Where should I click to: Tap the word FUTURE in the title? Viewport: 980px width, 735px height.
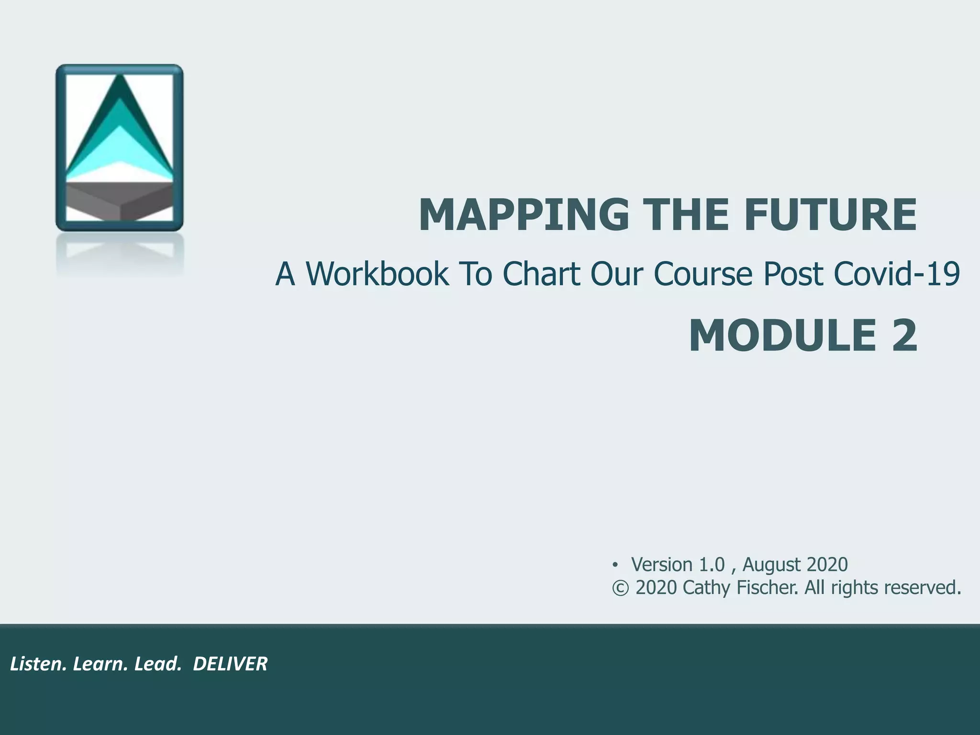(x=830, y=215)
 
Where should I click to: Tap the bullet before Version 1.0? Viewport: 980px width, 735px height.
(x=615, y=565)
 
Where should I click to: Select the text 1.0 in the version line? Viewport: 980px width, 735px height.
(x=712, y=565)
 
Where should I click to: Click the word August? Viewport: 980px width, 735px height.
(x=765, y=565)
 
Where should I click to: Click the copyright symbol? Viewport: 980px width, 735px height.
(x=621, y=588)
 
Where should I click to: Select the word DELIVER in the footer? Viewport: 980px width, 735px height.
(x=230, y=664)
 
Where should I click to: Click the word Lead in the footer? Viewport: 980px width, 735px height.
(x=157, y=664)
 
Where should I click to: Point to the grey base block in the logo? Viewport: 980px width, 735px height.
(x=119, y=201)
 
